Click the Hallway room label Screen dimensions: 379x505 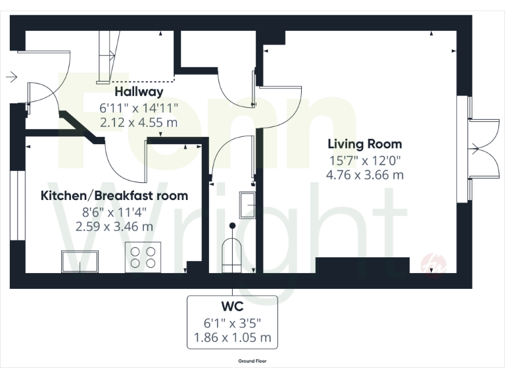pyautogui.click(x=139, y=91)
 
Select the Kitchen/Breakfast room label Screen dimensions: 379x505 pyautogui.click(x=114, y=195)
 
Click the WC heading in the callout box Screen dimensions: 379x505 pyautogui.click(x=233, y=307)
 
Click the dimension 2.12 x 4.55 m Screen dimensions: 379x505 pyautogui.click(x=139, y=122)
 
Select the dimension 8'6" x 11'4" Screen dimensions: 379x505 pyautogui.click(x=114, y=211)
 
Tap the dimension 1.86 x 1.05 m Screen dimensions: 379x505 pyautogui.click(x=233, y=338)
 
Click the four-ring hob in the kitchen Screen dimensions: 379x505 pyautogui.click(x=143, y=256)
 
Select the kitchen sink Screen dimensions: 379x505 pyautogui.click(x=81, y=261)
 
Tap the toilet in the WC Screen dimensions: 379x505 pyautogui.click(x=232, y=253)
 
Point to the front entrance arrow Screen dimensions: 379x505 pyautogui.click(x=11, y=78)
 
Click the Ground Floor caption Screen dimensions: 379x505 pyautogui.click(x=252, y=361)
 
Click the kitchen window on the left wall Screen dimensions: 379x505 pyautogui.click(x=14, y=207)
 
